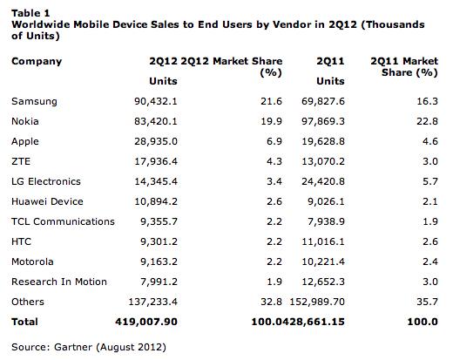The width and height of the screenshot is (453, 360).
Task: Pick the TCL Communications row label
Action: [63, 221]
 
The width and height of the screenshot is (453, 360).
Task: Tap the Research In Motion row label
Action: [58, 282]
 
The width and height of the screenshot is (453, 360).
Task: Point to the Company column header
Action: [37, 62]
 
